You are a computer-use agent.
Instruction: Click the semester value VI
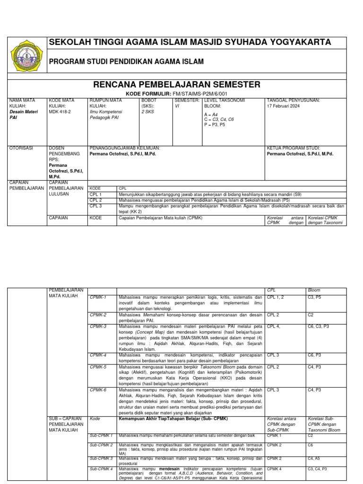tap(177, 106)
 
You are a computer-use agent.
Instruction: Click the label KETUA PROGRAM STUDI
tap(293, 148)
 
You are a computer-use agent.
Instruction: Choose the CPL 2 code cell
tap(95, 200)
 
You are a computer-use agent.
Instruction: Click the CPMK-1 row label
tap(98, 297)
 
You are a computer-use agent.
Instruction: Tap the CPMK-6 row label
tap(98, 390)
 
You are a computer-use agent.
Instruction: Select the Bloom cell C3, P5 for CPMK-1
tap(315, 297)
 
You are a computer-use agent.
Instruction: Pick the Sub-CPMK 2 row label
tap(101, 445)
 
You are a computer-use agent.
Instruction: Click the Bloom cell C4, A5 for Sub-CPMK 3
tap(315, 458)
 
